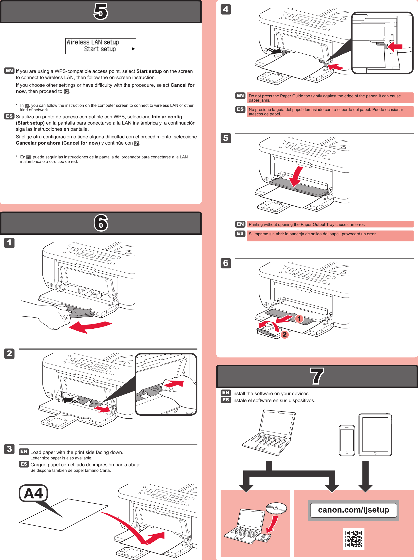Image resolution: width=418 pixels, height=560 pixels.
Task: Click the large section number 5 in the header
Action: coord(101,11)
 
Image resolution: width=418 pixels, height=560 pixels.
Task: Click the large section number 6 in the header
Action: coord(101,223)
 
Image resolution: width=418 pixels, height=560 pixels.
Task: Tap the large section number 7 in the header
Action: coord(317,376)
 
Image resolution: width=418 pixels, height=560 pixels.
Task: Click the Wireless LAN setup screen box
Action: coord(101,46)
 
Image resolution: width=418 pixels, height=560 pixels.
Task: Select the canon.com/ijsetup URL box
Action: coord(353,510)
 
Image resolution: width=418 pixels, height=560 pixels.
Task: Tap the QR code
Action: coord(354,539)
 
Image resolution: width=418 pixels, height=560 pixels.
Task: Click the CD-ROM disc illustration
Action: coord(276,508)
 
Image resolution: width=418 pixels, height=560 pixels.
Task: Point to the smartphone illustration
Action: coord(346,440)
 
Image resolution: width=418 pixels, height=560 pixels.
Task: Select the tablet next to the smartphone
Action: coord(375,434)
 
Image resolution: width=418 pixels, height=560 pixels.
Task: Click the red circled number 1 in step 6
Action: coord(299,319)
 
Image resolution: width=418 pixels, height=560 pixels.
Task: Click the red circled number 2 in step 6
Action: coord(285,334)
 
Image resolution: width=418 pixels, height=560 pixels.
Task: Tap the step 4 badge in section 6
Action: coord(226,9)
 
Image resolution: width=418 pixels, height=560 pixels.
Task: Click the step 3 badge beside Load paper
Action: coord(9,449)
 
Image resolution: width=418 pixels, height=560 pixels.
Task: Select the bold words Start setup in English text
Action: coord(149,71)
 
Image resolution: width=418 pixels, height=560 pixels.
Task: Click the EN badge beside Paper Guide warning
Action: coord(240,96)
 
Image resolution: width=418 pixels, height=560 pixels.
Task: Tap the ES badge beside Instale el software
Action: coord(226,400)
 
